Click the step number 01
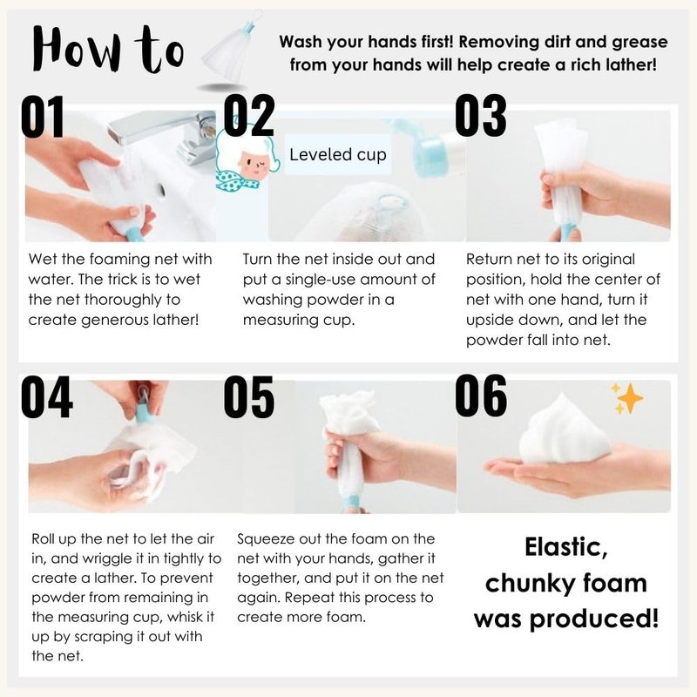click(x=43, y=117)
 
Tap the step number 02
click(x=248, y=116)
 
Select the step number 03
click(x=481, y=116)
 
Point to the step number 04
click(x=47, y=396)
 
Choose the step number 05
click(x=248, y=396)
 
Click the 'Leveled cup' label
click(x=338, y=155)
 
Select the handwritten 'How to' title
click(x=108, y=50)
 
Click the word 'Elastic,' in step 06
click(x=565, y=548)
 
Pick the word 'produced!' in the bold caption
click(x=594, y=619)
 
